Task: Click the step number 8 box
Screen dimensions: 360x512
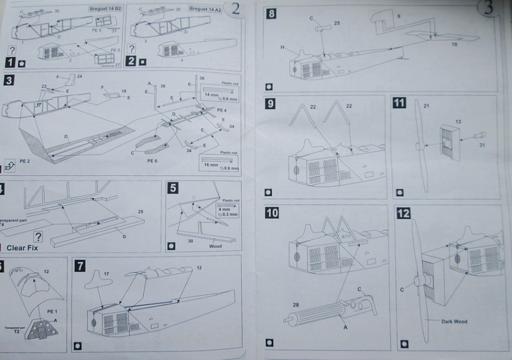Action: click(x=271, y=14)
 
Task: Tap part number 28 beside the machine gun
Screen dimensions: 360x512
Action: click(x=295, y=304)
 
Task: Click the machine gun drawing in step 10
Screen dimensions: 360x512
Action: click(x=324, y=311)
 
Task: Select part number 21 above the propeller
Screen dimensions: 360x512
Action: click(x=427, y=106)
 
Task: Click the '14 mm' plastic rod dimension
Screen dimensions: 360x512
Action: click(x=211, y=95)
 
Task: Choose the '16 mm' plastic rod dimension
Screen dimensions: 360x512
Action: click(x=211, y=163)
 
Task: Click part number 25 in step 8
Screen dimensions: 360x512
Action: click(x=337, y=23)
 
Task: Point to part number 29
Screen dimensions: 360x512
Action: click(x=140, y=212)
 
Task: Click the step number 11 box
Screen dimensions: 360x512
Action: click(x=399, y=103)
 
